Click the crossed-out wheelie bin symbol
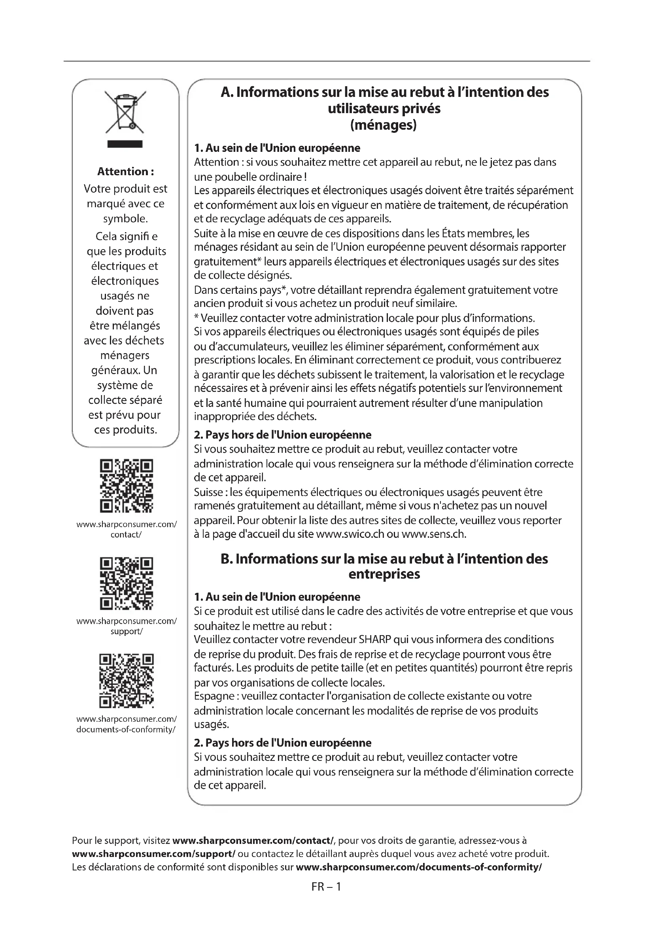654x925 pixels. [125, 112]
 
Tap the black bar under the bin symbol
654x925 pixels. [125, 144]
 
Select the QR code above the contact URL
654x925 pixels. [126, 486]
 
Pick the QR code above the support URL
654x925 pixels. [126, 583]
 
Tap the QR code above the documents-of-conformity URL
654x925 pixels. [126, 681]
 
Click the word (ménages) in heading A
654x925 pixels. [384, 125]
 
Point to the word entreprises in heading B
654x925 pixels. [384, 574]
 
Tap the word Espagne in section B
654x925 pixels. [214, 696]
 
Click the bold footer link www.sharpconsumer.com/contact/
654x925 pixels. [253, 840]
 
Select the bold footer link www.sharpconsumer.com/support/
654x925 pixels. [153, 854]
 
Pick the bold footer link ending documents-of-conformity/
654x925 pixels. [419, 867]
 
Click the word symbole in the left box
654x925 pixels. [125, 219]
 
